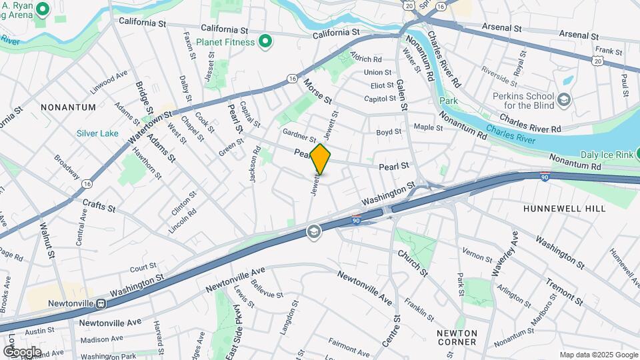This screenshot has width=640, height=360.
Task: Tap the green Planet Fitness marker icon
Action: (x=265, y=42)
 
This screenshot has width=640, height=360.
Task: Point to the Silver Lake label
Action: (x=97, y=133)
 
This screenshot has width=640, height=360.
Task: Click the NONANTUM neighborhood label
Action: (x=68, y=107)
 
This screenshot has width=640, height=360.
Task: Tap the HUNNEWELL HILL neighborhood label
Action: (x=564, y=209)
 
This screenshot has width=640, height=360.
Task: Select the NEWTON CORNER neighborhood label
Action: (x=457, y=337)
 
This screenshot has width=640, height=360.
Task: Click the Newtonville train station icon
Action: (x=100, y=303)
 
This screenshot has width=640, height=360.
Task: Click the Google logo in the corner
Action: (x=21, y=351)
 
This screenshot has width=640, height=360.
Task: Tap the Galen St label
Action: (x=401, y=93)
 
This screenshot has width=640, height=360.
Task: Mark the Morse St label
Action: (x=317, y=91)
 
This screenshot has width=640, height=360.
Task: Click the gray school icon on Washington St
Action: (x=313, y=231)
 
